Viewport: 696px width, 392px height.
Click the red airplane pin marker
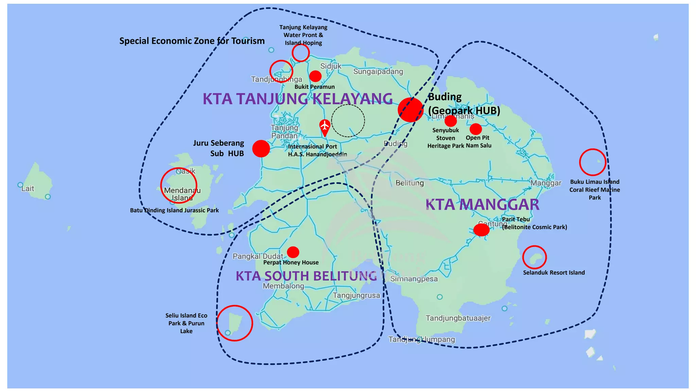tap(325, 126)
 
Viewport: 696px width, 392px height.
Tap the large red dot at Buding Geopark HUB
tap(411, 110)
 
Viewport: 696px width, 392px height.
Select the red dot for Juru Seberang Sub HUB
tap(261, 149)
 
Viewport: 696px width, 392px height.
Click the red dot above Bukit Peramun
tap(315, 76)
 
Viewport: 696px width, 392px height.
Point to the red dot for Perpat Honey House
tap(293, 252)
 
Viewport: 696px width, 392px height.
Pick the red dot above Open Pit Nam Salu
tap(476, 129)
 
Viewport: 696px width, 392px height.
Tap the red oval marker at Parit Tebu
tap(481, 230)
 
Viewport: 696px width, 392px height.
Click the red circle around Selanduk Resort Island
tap(534, 257)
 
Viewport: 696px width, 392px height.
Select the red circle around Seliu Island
tap(234, 323)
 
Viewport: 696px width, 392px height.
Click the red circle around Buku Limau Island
tap(593, 162)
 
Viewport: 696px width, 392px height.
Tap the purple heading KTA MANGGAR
tap(482, 205)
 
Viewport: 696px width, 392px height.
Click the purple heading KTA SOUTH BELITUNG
tap(306, 276)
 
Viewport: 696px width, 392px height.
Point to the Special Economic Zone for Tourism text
tap(192, 41)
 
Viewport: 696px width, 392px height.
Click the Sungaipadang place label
tap(378, 71)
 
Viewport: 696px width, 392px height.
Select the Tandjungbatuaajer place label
tap(458, 318)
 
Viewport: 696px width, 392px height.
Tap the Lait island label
tap(28, 189)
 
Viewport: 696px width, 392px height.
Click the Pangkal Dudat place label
tap(258, 256)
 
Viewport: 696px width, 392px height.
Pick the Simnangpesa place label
tap(414, 279)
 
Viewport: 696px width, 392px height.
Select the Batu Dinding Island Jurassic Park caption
tap(174, 210)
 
